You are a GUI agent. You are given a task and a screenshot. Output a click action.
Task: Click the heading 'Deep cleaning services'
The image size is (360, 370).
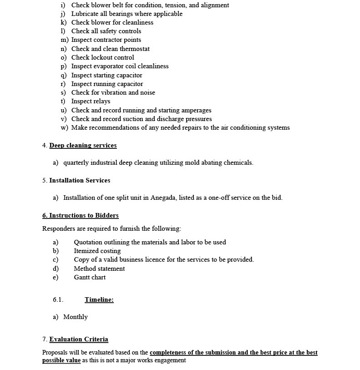83,146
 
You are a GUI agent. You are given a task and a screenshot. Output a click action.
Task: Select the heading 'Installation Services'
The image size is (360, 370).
80,181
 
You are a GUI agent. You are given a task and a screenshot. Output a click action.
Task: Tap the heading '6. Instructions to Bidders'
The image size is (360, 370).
80,216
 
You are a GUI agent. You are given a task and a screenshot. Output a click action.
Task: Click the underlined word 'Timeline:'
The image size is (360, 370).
99,300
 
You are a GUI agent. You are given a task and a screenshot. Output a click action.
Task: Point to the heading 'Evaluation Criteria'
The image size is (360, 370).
79,340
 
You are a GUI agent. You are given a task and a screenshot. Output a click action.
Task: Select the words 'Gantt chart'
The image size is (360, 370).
90,278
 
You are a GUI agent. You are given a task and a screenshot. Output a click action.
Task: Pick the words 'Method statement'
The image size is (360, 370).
99,269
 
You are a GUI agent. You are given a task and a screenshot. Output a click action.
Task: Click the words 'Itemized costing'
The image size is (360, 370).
97,251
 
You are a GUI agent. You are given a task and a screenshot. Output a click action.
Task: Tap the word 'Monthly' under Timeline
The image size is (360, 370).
76,317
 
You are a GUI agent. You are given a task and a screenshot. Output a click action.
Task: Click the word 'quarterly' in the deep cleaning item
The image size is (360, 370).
77,163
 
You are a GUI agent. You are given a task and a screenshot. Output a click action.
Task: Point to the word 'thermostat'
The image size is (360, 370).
135,49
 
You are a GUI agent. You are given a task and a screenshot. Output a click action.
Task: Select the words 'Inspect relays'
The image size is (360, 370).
91,101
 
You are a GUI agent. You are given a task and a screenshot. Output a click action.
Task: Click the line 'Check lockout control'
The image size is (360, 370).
102,57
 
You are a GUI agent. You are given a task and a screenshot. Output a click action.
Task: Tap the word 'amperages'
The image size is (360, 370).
196,110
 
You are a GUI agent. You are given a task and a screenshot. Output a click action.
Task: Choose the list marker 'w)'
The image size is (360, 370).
64,128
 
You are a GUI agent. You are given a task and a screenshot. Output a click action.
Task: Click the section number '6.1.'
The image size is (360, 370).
58,300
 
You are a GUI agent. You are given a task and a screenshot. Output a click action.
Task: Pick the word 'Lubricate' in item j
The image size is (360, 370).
85,14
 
